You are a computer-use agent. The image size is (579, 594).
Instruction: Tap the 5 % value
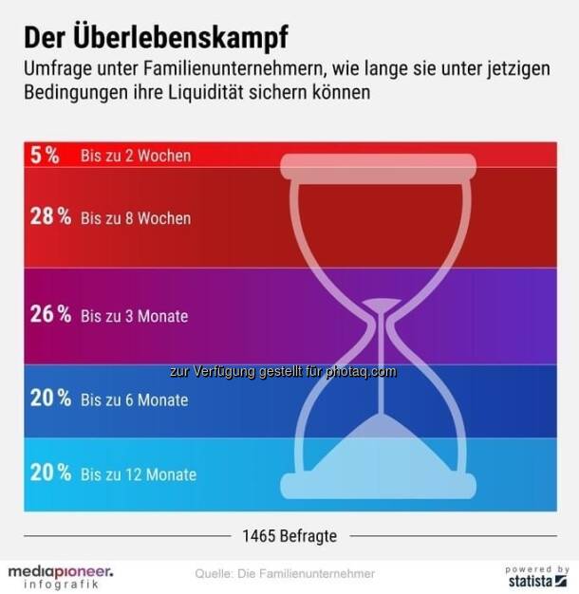[x=45, y=156]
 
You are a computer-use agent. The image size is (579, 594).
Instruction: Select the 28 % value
[x=50, y=217]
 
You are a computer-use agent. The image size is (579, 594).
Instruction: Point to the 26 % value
[x=50, y=315]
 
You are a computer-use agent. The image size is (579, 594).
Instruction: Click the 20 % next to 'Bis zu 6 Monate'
[x=50, y=399]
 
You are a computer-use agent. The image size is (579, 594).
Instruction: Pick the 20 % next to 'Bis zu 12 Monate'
[x=50, y=473]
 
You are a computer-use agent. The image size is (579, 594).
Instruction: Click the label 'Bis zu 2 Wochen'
[x=136, y=156]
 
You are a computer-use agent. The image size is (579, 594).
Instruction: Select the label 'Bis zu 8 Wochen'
[x=136, y=218]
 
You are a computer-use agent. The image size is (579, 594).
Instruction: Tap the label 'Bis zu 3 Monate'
[x=135, y=316]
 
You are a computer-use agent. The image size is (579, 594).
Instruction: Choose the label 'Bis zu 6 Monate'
[x=135, y=400]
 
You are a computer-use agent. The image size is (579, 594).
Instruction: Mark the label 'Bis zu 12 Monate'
[x=139, y=474]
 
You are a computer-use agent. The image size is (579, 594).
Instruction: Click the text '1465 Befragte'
[x=289, y=536]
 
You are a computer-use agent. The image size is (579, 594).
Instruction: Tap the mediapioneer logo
[x=61, y=576]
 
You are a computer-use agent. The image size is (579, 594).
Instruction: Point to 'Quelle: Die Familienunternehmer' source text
[x=285, y=573]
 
